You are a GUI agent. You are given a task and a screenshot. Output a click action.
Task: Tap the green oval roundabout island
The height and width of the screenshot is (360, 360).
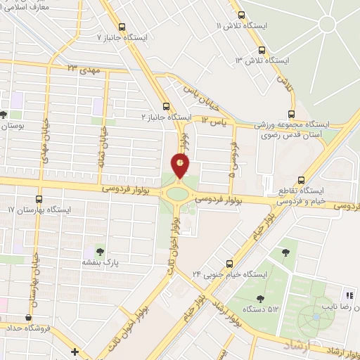(178, 192)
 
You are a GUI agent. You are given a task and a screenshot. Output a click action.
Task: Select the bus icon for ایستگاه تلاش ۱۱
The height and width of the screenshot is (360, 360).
(242, 14)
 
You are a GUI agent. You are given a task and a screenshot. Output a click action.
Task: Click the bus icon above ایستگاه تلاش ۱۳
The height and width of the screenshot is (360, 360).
(262, 50)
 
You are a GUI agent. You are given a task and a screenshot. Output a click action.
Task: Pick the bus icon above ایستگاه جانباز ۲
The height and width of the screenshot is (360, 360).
(166, 103)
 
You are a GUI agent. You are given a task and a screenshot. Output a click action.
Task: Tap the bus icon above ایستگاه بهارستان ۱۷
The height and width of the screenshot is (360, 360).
(39, 199)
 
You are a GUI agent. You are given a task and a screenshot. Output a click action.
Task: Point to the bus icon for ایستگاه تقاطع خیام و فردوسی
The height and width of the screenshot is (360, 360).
(301, 179)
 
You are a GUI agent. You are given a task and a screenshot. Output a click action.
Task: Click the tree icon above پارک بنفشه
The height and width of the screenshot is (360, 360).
(98, 251)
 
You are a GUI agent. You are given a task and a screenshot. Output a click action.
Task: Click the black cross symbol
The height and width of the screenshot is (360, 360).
(75, 351)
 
